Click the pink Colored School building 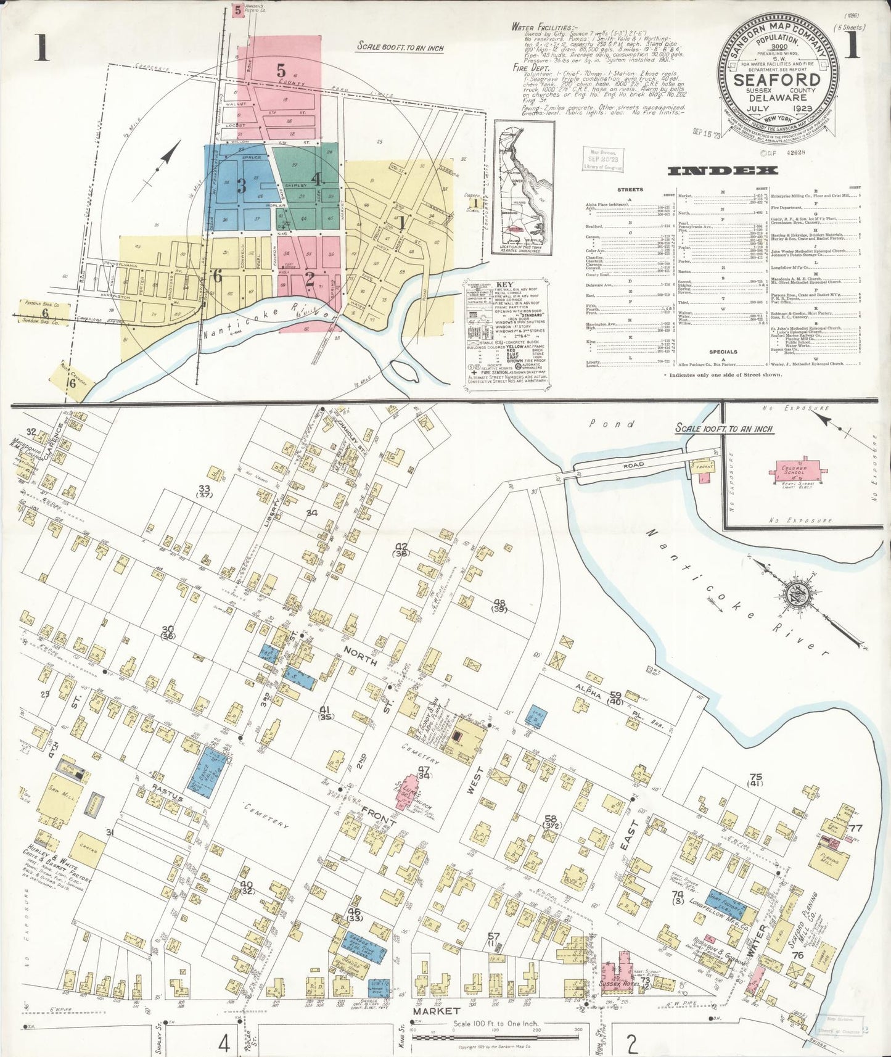point(794,471)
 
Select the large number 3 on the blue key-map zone point(241,185)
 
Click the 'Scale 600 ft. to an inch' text point(401,47)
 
